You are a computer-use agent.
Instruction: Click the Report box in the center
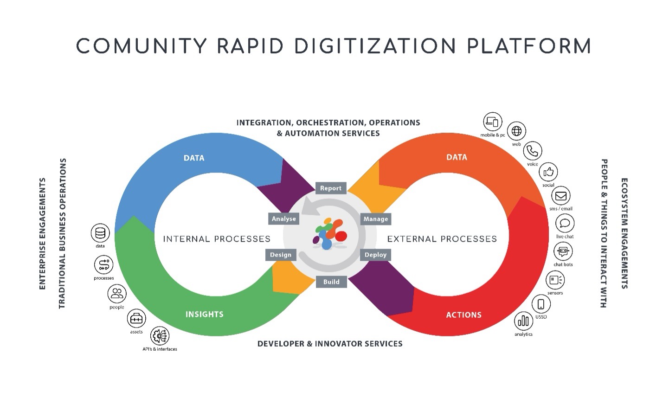(x=331, y=188)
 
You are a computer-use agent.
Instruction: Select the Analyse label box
(x=283, y=219)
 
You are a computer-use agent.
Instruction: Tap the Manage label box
(x=376, y=219)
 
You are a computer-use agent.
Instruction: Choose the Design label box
(x=280, y=255)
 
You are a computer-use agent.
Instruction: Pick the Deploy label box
(x=375, y=255)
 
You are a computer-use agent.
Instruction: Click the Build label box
(x=331, y=282)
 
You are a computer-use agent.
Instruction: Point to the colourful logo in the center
(x=329, y=233)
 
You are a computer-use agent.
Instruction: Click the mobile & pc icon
(x=493, y=122)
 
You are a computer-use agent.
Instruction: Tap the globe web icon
(x=517, y=131)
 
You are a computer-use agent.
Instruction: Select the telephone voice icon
(x=533, y=151)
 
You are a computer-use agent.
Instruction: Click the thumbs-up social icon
(x=548, y=172)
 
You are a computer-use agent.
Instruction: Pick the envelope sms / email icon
(x=561, y=196)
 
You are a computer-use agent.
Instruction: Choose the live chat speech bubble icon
(x=565, y=223)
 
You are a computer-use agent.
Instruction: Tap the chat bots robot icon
(x=563, y=251)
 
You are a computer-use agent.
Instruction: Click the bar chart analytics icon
(x=523, y=321)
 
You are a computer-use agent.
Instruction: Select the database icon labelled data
(x=100, y=233)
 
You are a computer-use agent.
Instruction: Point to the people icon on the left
(x=117, y=294)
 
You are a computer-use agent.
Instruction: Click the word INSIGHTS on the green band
(x=205, y=314)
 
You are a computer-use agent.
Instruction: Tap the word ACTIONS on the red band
(x=464, y=315)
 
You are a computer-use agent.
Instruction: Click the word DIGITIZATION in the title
(x=375, y=46)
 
